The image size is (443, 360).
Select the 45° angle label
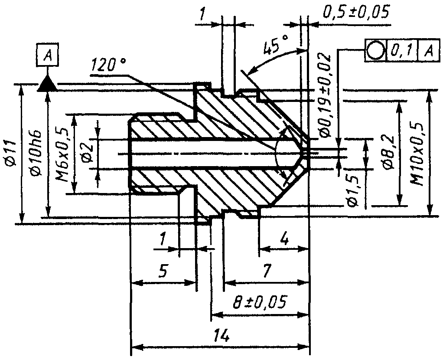[x=275, y=44]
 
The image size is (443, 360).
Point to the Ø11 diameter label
[x=10, y=153]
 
